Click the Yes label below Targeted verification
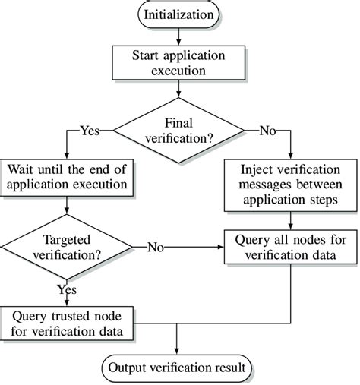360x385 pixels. [68, 289]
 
